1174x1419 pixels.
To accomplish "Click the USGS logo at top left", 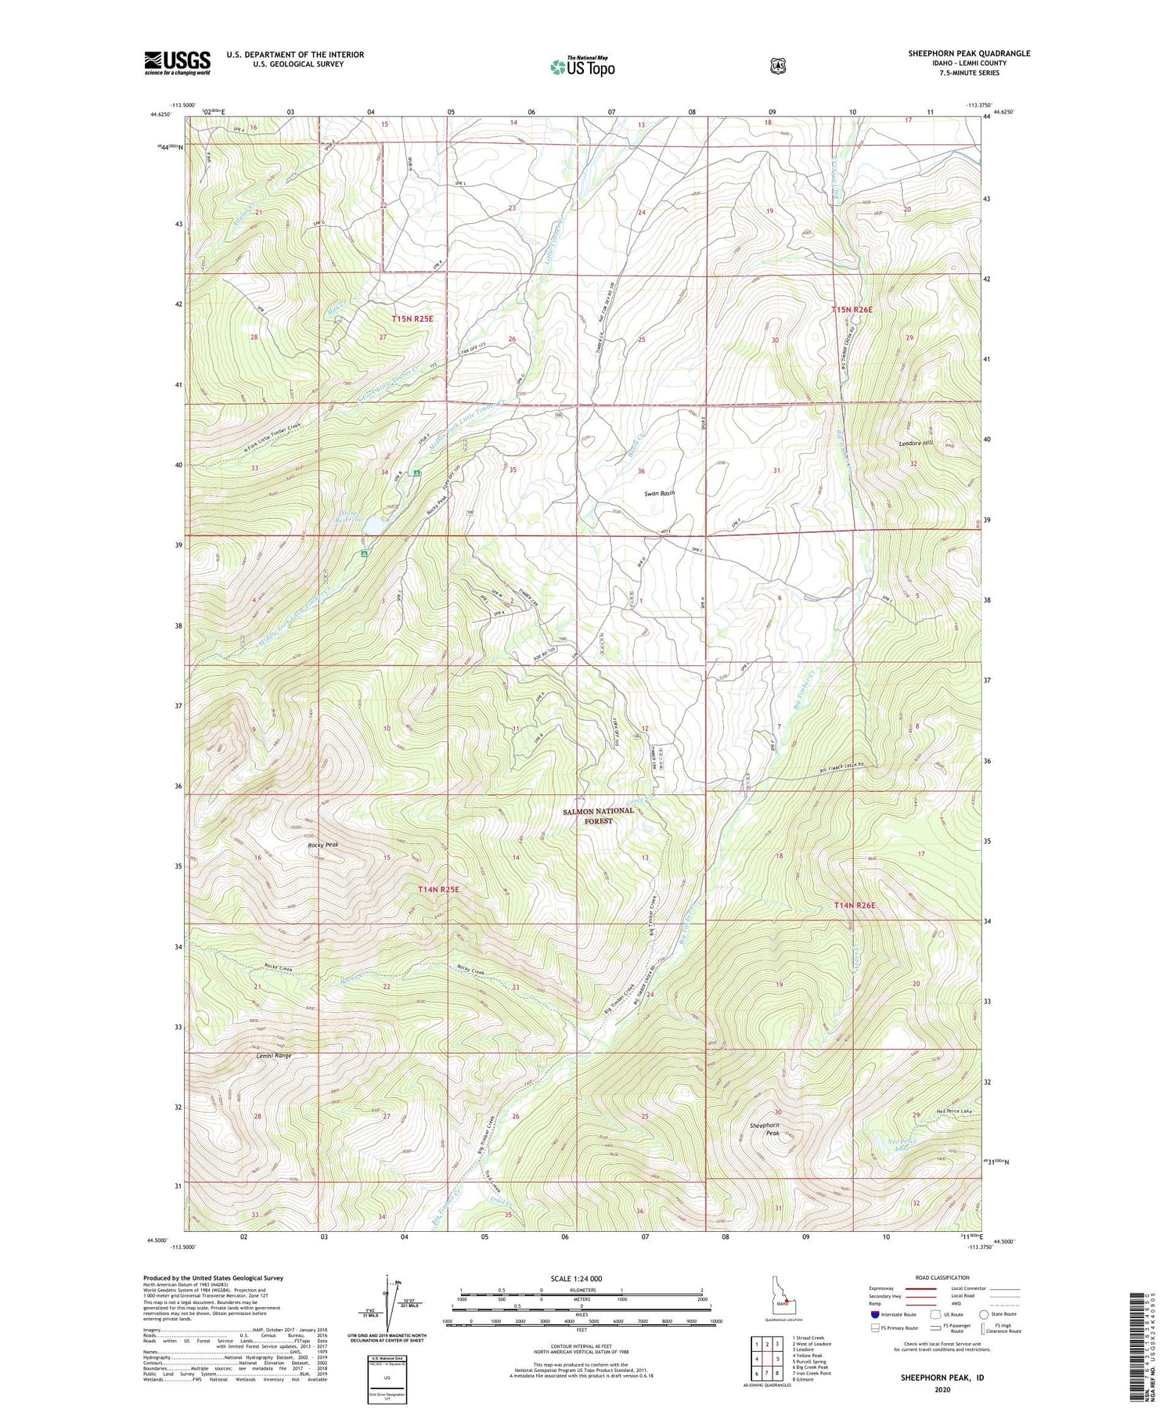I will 177,62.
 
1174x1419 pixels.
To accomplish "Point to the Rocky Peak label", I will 322,845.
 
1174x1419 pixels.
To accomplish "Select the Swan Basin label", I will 659,493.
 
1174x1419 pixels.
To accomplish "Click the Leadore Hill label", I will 916,444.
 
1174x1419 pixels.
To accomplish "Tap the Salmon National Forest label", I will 598,816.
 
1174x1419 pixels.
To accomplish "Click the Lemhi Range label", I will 273,1056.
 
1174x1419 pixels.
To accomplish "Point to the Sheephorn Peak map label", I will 765,1129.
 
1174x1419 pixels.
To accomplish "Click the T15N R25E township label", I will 412,319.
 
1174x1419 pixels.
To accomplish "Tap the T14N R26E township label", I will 854,905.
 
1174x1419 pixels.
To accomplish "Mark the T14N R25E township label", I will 438,889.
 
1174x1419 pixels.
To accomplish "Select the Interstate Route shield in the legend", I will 874,1314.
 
